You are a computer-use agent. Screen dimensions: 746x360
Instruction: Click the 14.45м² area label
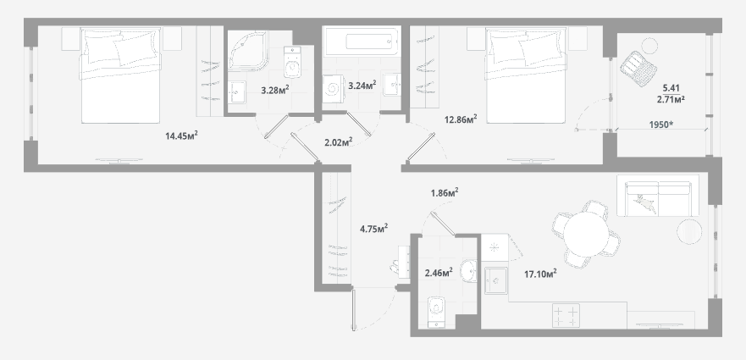tap(181, 136)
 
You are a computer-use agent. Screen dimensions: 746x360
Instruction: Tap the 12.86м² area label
tap(461, 119)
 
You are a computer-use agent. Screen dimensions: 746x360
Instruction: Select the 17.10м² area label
tap(540, 274)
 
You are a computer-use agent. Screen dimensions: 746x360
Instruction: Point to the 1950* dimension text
tap(661, 125)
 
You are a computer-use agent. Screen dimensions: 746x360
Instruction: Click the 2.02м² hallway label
tap(338, 142)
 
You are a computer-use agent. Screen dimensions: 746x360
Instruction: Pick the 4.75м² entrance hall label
tap(374, 229)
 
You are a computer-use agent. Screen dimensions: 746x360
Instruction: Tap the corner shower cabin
tap(247, 51)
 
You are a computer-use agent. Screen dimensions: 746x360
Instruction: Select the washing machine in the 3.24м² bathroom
tap(333, 89)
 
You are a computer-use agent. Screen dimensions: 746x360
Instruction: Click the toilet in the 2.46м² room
tap(436, 313)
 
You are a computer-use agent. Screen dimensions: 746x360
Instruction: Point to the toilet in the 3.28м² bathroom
tap(292, 62)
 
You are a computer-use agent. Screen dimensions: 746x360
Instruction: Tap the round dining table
tap(587, 234)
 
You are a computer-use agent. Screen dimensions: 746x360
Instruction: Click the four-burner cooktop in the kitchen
tap(566, 315)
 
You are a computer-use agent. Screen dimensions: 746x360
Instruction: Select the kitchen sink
tap(496, 280)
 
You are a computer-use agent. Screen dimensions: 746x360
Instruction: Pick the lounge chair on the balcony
tap(638, 68)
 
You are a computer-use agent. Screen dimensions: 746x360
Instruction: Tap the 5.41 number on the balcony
tap(671, 88)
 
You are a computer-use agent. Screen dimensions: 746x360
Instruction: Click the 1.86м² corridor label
tap(445, 193)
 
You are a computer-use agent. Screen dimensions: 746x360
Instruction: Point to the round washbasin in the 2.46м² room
tap(468, 271)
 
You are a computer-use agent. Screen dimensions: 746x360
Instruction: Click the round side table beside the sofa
tap(689, 231)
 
